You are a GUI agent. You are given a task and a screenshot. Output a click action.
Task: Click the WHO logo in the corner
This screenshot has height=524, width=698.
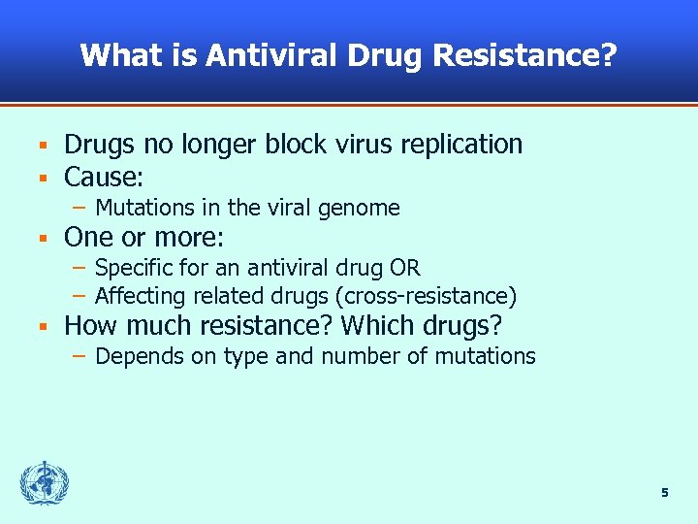pos(45,482)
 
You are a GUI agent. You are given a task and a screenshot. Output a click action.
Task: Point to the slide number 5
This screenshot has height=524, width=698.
pos(664,493)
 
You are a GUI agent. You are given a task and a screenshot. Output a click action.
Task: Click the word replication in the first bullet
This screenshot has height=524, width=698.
pos(460,145)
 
